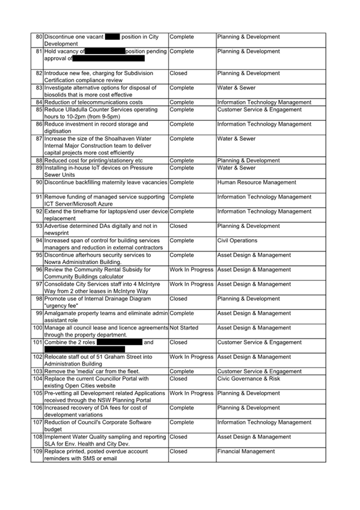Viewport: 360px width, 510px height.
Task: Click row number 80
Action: [x=39, y=37]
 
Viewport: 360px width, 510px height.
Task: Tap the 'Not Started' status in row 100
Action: [x=186, y=328]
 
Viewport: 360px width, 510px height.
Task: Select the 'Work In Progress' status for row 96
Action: [x=191, y=270]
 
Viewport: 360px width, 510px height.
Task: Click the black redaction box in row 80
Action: [x=112, y=37]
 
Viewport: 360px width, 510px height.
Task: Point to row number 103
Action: [x=37, y=372]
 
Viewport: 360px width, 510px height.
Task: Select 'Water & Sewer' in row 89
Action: [x=236, y=168]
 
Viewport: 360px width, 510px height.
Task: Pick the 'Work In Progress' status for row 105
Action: [x=191, y=393]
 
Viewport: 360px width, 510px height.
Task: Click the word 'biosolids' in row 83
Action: [x=58, y=95]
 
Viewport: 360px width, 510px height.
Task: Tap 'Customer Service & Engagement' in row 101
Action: [x=259, y=342]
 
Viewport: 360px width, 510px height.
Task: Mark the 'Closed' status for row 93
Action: [x=178, y=226]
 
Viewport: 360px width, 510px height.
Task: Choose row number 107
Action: [x=37, y=422]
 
